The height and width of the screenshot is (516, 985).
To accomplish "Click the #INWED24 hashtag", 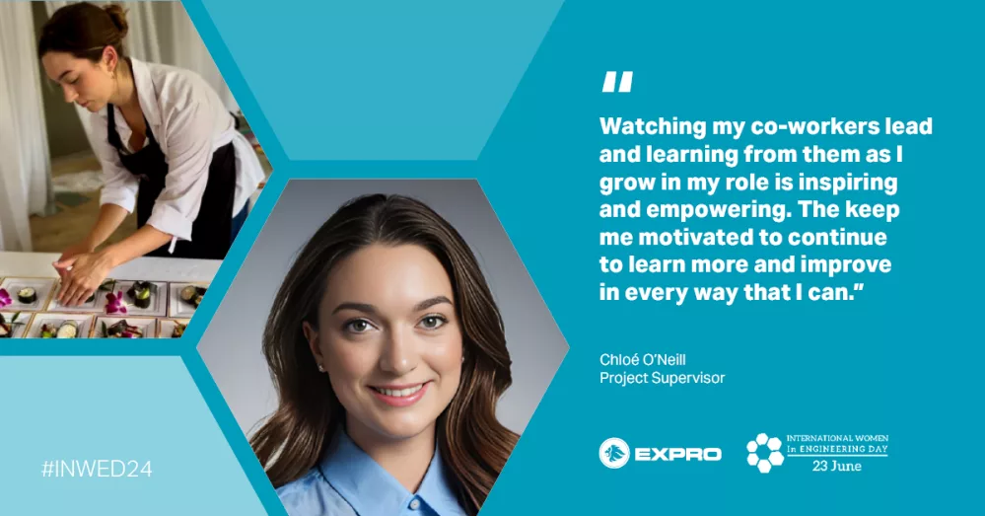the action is [x=97, y=469].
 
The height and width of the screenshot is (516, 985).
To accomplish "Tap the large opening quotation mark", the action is [x=617, y=82].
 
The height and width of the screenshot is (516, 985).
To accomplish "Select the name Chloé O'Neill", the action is [x=642, y=359].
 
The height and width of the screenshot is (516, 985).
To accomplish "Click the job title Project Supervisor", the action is [x=663, y=378].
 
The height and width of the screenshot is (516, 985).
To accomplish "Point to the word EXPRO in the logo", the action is [x=677, y=454].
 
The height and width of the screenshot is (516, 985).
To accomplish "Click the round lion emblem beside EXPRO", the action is [x=613, y=453].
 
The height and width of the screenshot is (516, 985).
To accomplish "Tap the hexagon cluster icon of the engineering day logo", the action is [x=764, y=453].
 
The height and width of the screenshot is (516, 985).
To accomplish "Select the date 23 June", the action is [x=837, y=466].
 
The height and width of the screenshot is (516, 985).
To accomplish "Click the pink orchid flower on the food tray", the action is [x=115, y=303].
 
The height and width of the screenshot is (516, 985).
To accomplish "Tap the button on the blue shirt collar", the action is [x=413, y=503].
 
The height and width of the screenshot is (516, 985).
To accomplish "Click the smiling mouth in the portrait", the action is [x=398, y=393].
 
